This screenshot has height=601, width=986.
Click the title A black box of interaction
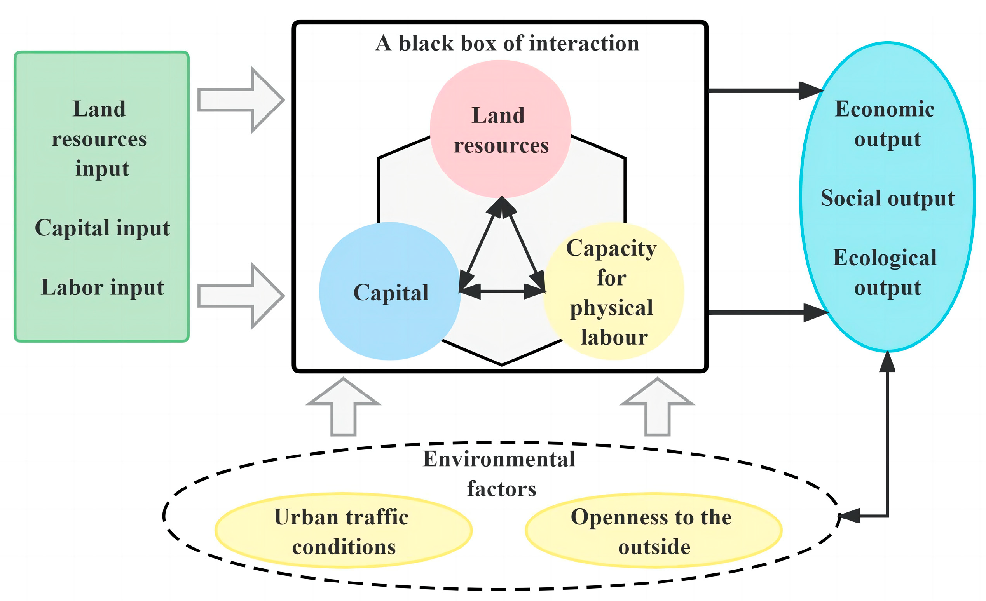click(x=507, y=43)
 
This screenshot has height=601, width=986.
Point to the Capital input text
click(x=102, y=228)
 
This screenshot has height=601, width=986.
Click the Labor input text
click(x=103, y=287)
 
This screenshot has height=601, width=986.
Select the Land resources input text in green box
click(x=100, y=138)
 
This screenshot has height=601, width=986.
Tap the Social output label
click(x=887, y=198)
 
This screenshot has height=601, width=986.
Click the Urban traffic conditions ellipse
click(x=343, y=531)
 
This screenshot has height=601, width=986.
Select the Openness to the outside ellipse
click(x=653, y=531)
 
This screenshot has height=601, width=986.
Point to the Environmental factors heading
click(x=500, y=474)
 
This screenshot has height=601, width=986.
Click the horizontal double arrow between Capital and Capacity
click(x=502, y=291)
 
